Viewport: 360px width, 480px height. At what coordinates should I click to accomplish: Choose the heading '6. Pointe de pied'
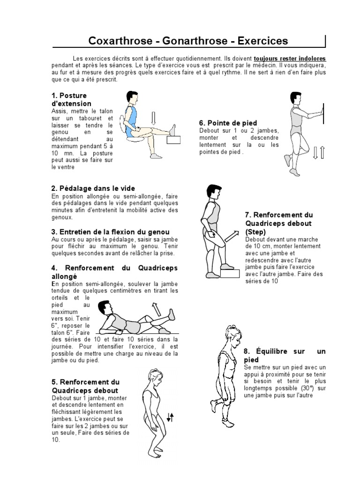click(222, 123)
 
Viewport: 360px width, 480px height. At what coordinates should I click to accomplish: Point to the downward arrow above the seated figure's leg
click(153, 119)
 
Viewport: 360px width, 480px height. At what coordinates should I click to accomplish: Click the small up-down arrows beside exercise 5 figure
click(171, 417)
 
